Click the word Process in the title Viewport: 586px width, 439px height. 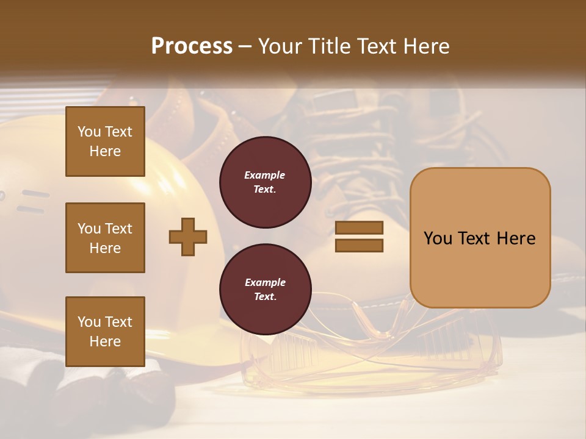tap(192, 46)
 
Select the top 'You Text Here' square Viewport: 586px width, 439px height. tap(105, 141)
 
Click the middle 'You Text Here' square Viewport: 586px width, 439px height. tap(105, 238)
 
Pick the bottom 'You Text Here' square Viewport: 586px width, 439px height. tap(105, 331)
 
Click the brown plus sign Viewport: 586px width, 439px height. tap(188, 237)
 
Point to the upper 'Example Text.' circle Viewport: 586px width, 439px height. tap(265, 182)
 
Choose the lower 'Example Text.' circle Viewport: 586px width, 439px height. tap(265, 290)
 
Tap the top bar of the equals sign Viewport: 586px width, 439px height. tap(359, 228)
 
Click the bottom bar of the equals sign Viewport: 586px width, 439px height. tap(359, 246)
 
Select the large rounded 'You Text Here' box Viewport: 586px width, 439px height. tap(480, 238)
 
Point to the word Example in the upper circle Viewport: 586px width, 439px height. tap(265, 176)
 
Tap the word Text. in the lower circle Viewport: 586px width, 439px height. tap(265, 297)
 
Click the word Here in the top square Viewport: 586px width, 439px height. tap(105, 151)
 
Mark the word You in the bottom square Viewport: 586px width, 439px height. tap(89, 322)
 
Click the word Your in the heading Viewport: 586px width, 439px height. tap(279, 46)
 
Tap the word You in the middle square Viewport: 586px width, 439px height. tap(89, 229)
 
